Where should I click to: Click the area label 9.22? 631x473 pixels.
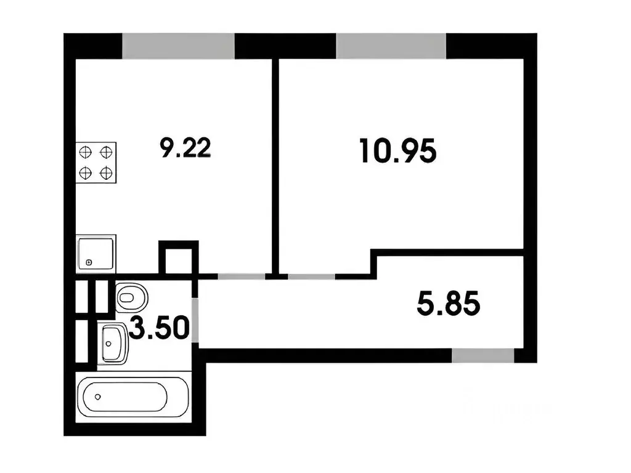pyautogui.click(x=185, y=148)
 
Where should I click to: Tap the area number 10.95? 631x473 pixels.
pyautogui.click(x=398, y=151)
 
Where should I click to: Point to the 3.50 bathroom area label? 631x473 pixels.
pyautogui.click(x=159, y=328)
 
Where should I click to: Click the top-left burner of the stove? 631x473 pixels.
pyautogui.click(x=85, y=153)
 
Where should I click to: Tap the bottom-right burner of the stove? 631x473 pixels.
pyautogui.click(x=106, y=173)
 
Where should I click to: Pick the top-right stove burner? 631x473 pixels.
pyautogui.click(x=106, y=153)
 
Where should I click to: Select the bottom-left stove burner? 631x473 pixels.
pyautogui.click(x=85, y=173)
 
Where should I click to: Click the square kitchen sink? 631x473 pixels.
pyautogui.click(x=96, y=253)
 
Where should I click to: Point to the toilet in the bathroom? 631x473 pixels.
pyautogui.click(x=132, y=297)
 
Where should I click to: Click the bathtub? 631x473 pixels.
pyautogui.click(x=132, y=397)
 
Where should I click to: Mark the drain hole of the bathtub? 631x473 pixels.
pyautogui.click(x=98, y=397)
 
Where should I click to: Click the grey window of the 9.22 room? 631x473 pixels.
pyautogui.click(x=178, y=46)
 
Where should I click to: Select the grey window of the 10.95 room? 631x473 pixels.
pyautogui.click(x=391, y=46)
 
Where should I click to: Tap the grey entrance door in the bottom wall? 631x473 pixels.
pyautogui.click(x=483, y=355)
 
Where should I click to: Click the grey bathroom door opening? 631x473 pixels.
pyautogui.click(x=195, y=320)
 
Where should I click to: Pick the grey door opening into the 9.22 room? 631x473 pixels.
pyautogui.click(x=242, y=277)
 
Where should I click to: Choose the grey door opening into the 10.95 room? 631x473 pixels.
pyautogui.click(x=311, y=277)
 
